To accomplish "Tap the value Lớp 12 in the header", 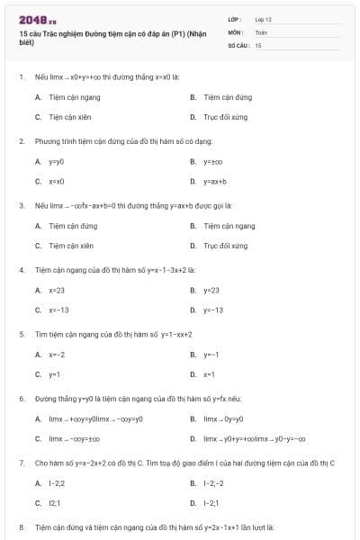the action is (x=263, y=19).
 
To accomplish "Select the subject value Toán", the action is (x=261, y=31).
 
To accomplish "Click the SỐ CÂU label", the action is (x=237, y=44).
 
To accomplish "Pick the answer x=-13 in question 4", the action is (x=58, y=310).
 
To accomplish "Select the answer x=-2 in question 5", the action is (x=56, y=355).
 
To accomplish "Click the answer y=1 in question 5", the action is (x=54, y=373).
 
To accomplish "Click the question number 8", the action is (x=21, y=526).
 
